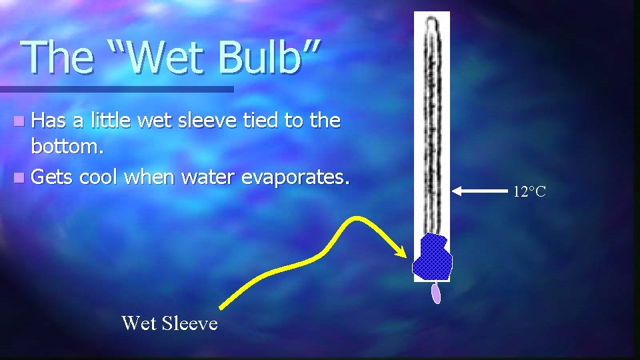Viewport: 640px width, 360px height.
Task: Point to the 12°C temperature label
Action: tap(529, 193)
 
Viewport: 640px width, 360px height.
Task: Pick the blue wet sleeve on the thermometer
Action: tap(432, 257)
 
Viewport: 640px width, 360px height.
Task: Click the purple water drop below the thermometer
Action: tap(436, 293)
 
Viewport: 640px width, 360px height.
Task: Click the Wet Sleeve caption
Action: tap(169, 323)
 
